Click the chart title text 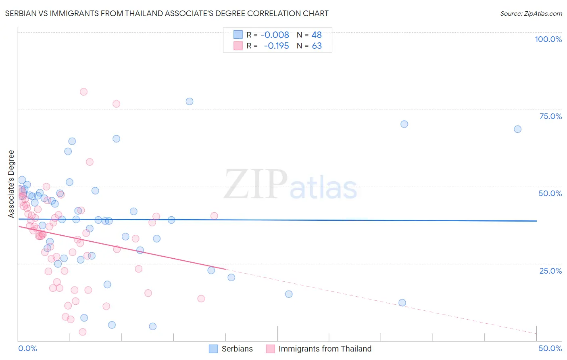click(167, 13)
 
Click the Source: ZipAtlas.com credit click(531, 13)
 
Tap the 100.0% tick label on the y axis click(548, 39)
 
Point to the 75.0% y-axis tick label click(550, 116)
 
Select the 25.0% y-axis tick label click(550, 270)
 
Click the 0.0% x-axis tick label click(27, 348)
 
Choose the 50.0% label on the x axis click(550, 348)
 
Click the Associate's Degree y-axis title click(11, 184)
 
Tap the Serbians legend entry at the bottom click(237, 349)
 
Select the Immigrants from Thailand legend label click(325, 349)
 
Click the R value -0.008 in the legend click(275, 35)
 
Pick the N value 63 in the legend click(317, 46)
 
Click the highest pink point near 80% click(83, 92)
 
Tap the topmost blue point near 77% click(190, 101)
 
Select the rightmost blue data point click(517, 129)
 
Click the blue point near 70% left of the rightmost click(404, 124)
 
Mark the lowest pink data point click(83, 332)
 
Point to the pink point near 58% click(90, 162)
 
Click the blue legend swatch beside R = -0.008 click(238, 35)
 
